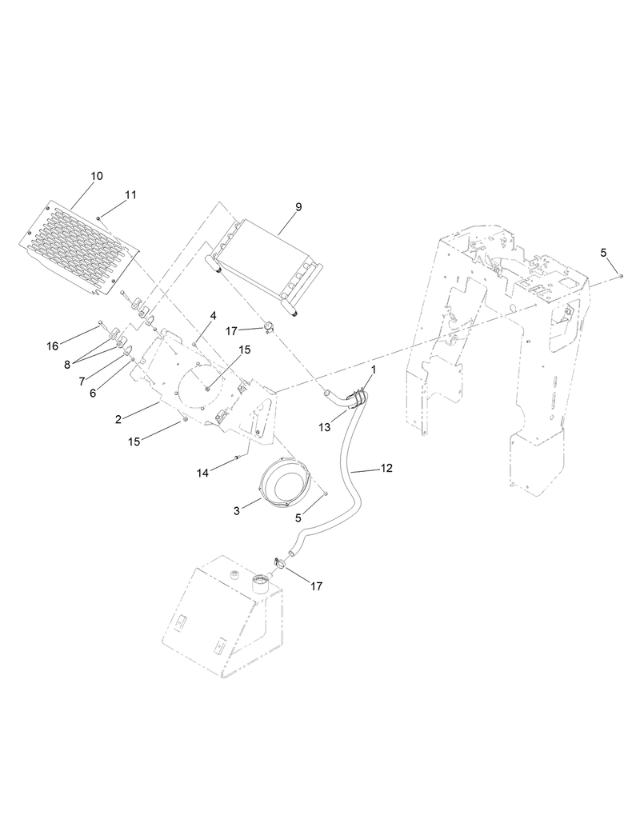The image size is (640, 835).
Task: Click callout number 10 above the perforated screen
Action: [x=97, y=176]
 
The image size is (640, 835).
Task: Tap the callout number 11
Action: [x=130, y=195]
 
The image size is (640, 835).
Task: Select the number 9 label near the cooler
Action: [x=298, y=207]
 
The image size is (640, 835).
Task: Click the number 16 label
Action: [x=53, y=346]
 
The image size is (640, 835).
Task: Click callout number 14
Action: [x=204, y=473]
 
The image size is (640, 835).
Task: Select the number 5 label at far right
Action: [x=604, y=253]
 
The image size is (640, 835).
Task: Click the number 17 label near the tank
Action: [x=316, y=586]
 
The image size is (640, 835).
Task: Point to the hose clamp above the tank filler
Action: [x=279, y=563]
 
